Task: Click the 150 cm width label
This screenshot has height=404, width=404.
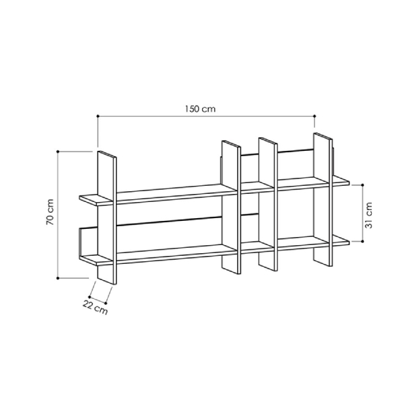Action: coord(201,107)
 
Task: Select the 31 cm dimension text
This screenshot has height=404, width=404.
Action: coord(368,215)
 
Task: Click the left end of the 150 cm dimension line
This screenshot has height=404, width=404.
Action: coord(98,116)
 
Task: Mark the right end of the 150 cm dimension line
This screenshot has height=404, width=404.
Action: coord(314,116)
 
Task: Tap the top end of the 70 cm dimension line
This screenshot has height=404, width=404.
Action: coord(59,151)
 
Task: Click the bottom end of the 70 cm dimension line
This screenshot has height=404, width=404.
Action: coord(59,277)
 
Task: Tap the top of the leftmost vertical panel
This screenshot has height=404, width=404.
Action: coord(108,155)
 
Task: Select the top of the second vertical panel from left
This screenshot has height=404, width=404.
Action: coord(230,143)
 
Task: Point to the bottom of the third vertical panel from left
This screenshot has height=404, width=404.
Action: coord(268,269)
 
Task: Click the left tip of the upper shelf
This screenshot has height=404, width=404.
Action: coord(81,198)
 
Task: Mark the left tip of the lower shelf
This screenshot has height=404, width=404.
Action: coord(81,257)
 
